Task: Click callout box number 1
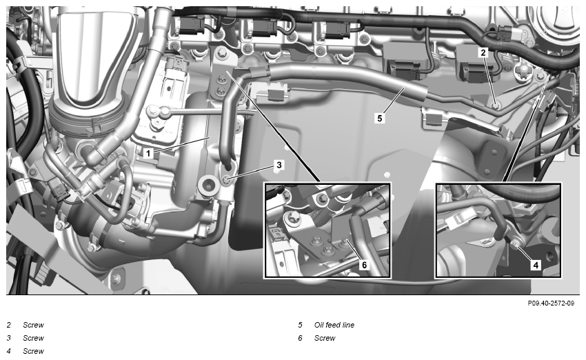148,153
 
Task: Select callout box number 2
483,52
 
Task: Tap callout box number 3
279,165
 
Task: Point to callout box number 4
536,265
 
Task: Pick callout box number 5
380,118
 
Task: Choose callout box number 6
365,265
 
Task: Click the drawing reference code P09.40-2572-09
551,303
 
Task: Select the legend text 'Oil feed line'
334,325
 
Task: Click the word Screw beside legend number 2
33,325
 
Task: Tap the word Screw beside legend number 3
33,338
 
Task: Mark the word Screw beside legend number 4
33,351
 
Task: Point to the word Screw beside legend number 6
325,338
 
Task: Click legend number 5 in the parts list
300,325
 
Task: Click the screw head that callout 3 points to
228,180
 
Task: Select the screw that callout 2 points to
496,106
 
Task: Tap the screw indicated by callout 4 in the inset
514,246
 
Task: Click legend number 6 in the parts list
300,338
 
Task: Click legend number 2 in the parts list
8,325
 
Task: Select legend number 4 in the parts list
8,351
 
